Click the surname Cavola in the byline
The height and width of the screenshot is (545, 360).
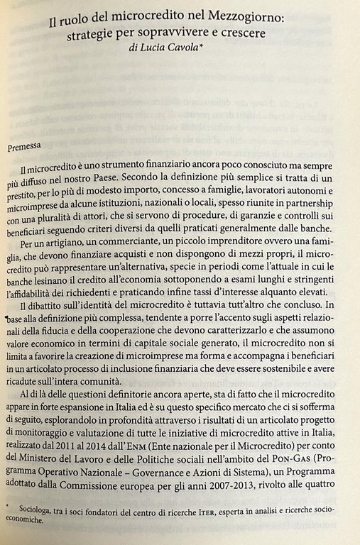(193, 50)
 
